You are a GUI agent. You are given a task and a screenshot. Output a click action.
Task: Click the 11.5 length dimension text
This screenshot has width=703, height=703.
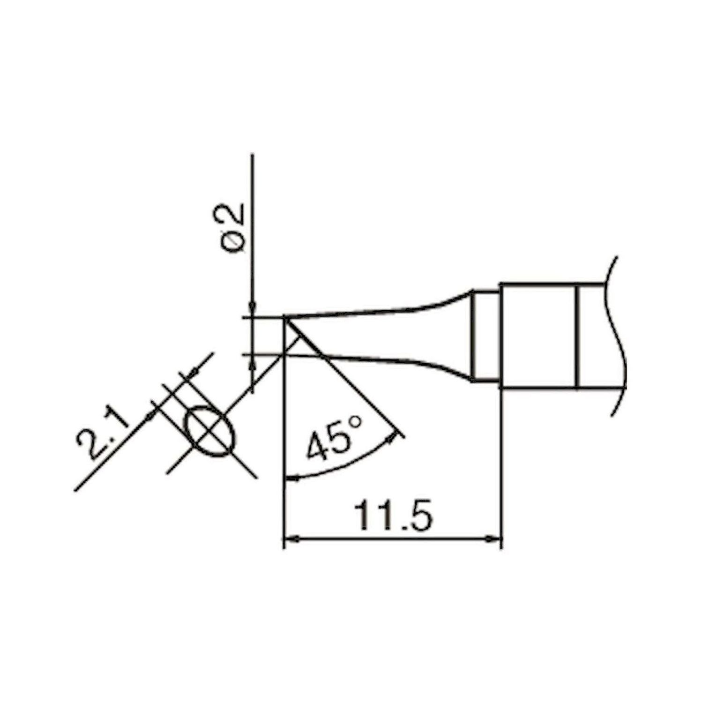pyautogui.click(x=393, y=515)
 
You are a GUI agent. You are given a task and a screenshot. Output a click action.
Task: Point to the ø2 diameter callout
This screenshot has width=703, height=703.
pyautogui.click(x=234, y=230)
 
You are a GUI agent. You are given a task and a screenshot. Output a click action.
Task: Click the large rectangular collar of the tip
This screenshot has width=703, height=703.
pyautogui.click(x=539, y=336)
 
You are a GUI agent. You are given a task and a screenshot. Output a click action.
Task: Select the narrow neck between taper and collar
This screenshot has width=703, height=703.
pyautogui.click(x=486, y=337)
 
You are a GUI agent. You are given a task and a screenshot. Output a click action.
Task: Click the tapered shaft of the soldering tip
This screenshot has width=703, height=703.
pyautogui.click(x=375, y=335)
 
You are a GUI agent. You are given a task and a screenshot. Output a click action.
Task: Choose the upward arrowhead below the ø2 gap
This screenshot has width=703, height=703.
pyautogui.click(x=253, y=363)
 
